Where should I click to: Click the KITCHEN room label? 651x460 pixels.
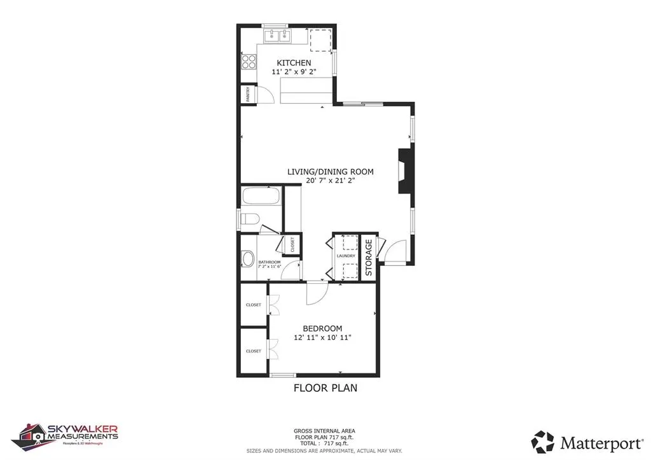294,63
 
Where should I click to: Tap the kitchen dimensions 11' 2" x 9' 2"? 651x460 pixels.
294,73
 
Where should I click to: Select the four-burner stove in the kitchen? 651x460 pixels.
248,62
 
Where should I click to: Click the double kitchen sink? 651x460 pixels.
276,35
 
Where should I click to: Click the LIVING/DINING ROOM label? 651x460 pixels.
330,171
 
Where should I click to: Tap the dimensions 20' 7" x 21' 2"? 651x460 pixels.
330,181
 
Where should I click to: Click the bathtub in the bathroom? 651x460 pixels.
261,195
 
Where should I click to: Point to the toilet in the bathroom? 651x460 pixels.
249,220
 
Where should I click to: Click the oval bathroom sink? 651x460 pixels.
247,260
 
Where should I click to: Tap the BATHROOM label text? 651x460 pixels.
268,261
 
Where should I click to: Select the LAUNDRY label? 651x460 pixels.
346,256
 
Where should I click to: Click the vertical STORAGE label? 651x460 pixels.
368,256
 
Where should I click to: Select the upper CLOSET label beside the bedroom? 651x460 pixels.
254,305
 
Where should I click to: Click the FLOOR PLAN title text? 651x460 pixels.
325,387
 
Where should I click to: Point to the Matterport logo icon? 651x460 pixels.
543,442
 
